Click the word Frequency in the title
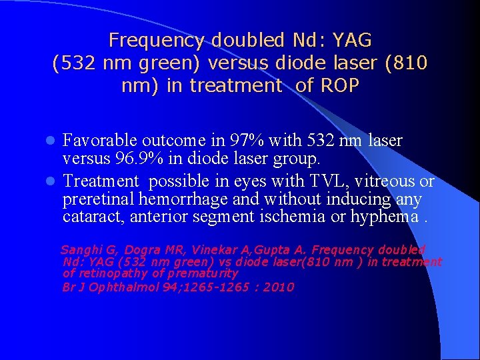[x=156, y=41]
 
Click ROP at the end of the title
[x=340, y=86]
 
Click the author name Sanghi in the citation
[x=80, y=250]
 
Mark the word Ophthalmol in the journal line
[x=121, y=287]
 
